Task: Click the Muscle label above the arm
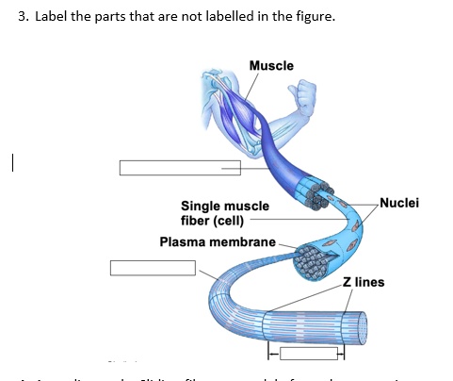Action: pyautogui.click(x=270, y=65)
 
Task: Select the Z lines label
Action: pyautogui.click(x=363, y=282)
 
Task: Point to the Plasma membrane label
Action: pyautogui.click(x=217, y=241)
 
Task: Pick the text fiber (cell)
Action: pyautogui.click(x=212, y=221)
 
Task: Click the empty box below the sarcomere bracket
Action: pyautogui.click(x=306, y=355)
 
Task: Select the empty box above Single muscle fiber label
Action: pyautogui.click(x=179, y=168)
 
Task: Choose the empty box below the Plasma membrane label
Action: pyautogui.click(x=152, y=267)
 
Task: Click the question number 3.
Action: pyautogui.click(x=23, y=16)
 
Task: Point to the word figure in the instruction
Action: pyautogui.click(x=315, y=16)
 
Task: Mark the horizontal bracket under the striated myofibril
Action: pyautogui.click(x=306, y=346)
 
